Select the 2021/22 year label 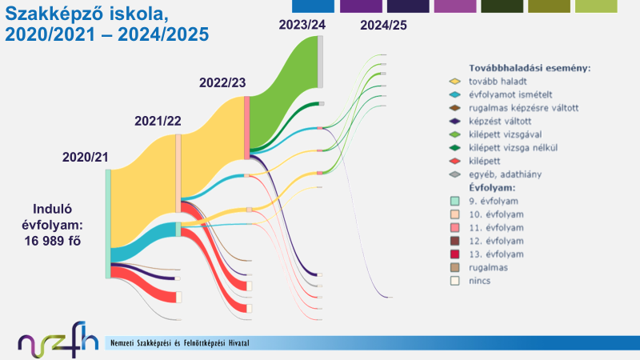click(x=158, y=121)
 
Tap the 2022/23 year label click(x=223, y=82)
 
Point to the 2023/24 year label click(x=302, y=25)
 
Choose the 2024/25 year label click(x=383, y=25)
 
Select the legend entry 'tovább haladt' click(x=493, y=81)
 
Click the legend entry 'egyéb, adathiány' click(x=505, y=174)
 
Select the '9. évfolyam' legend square click(x=454, y=201)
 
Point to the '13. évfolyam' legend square click(x=454, y=254)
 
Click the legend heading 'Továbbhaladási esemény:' click(x=530, y=68)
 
